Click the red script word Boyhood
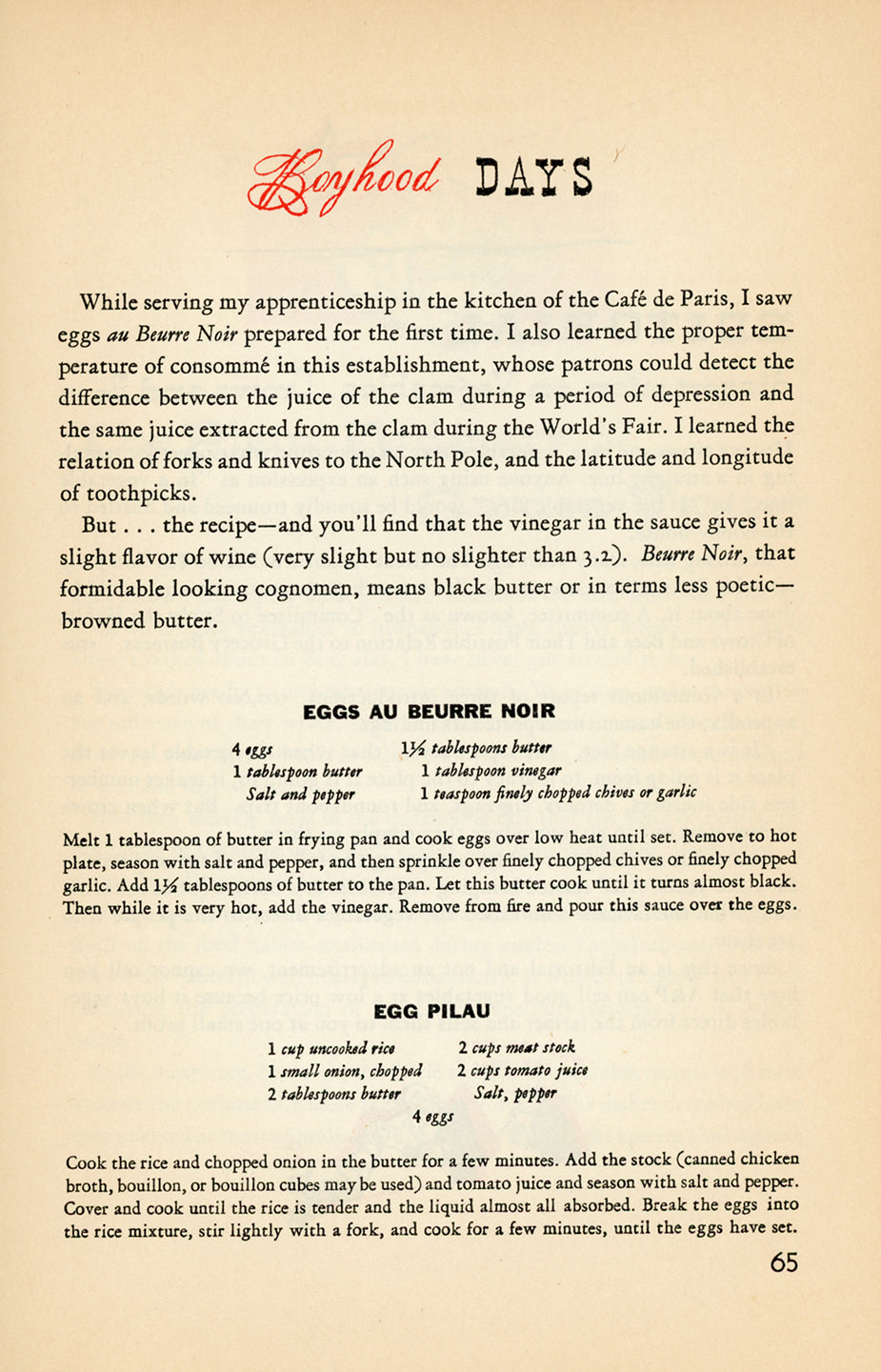tap(345, 178)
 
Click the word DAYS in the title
tap(534, 178)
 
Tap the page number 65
tap(784, 1262)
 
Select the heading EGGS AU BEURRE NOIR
tap(429, 712)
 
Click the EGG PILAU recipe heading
tap(431, 1011)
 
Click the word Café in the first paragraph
tap(627, 300)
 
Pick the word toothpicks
tap(142, 494)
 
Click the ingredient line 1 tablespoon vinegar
tap(491, 771)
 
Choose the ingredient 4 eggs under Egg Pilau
tap(432, 1117)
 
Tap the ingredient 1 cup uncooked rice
tap(331, 1048)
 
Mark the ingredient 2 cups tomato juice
tap(522, 1071)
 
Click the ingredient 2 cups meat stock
tap(516, 1048)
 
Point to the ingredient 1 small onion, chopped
tap(344, 1071)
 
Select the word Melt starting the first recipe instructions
tap(81, 839)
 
